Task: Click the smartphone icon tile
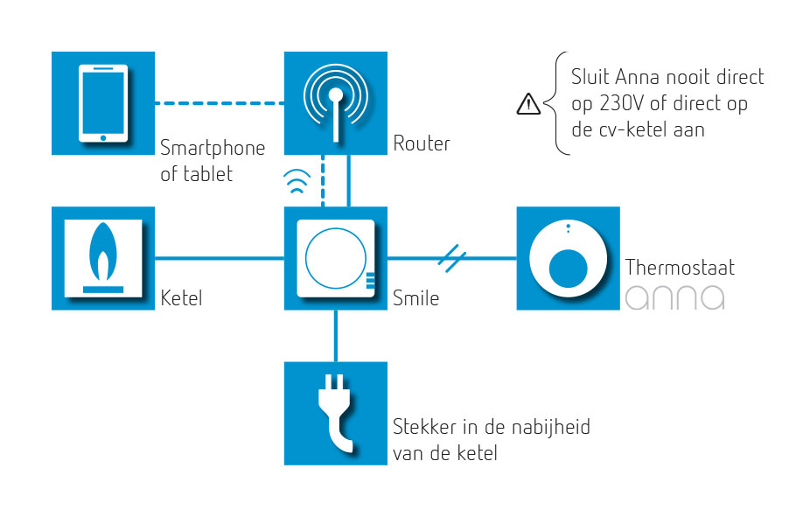(103, 103)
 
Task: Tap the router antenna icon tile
(336, 103)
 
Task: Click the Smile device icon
(336, 258)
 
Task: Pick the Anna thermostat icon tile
(568, 258)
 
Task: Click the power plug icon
(336, 413)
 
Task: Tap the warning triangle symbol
(528, 104)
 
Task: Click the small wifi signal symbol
(298, 183)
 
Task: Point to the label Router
(422, 143)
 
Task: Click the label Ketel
(181, 298)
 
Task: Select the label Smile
(416, 298)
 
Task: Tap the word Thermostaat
(680, 268)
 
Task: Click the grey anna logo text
(674, 297)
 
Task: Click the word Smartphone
(213, 147)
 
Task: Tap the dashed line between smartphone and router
(220, 103)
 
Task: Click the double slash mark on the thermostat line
(451, 257)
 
